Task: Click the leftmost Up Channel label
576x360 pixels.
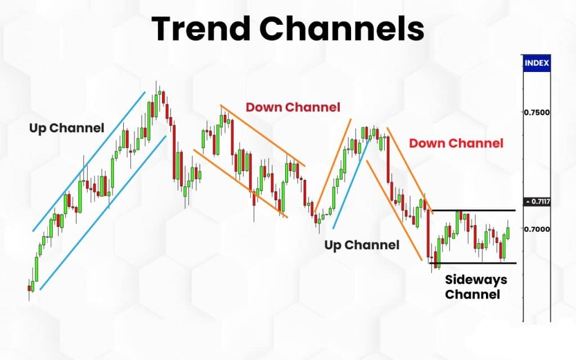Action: [x=66, y=128]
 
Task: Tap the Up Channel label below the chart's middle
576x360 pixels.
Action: [x=362, y=245]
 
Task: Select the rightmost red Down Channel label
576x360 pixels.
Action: [x=456, y=143]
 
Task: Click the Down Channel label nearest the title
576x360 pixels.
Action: [x=292, y=107]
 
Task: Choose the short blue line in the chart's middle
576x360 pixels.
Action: [x=352, y=183]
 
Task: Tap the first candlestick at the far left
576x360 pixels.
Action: [x=29, y=289]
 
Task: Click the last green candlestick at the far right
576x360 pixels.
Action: [x=508, y=232]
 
